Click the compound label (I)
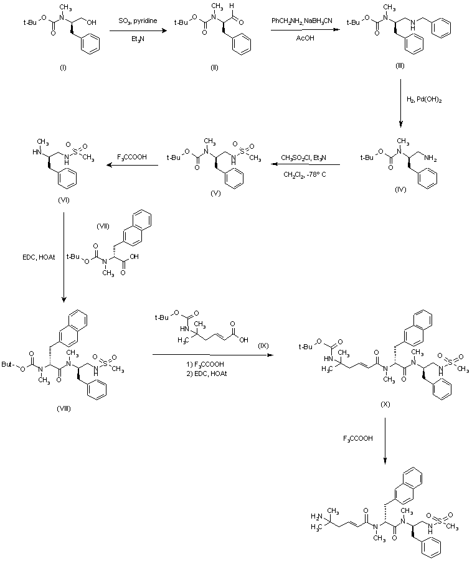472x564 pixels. [x=62, y=67]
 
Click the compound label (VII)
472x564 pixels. [x=103, y=225]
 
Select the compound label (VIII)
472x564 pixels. [x=62, y=408]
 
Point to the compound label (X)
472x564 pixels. [x=386, y=404]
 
